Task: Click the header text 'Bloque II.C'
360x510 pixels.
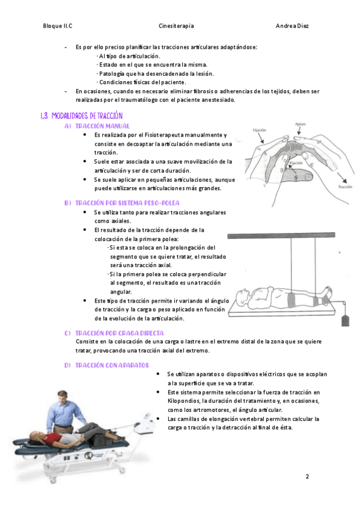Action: pyautogui.click(x=58, y=26)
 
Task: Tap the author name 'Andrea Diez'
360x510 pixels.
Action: pyautogui.click(x=292, y=26)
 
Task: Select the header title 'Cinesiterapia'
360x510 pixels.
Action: pyautogui.click(x=176, y=26)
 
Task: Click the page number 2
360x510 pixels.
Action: pyautogui.click(x=307, y=476)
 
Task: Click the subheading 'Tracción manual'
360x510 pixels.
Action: pyautogui.click(x=102, y=126)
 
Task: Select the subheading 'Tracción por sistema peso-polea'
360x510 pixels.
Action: pyautogui.click(x=127, y=203)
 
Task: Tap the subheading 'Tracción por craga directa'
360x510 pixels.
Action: pyautogui.click(x=119, y=333)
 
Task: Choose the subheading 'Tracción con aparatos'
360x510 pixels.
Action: pyautogui.click(x=112, y=365)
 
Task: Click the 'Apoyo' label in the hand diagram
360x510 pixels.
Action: pyautogui.click(x=301, y=124)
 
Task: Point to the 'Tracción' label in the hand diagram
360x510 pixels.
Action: pyautogui.click(x=345, y=186)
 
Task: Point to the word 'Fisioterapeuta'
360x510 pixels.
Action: pyautogui.click(x=165, y=135)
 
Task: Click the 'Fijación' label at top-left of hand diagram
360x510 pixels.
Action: pyautogui.click(x=259, y=130)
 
